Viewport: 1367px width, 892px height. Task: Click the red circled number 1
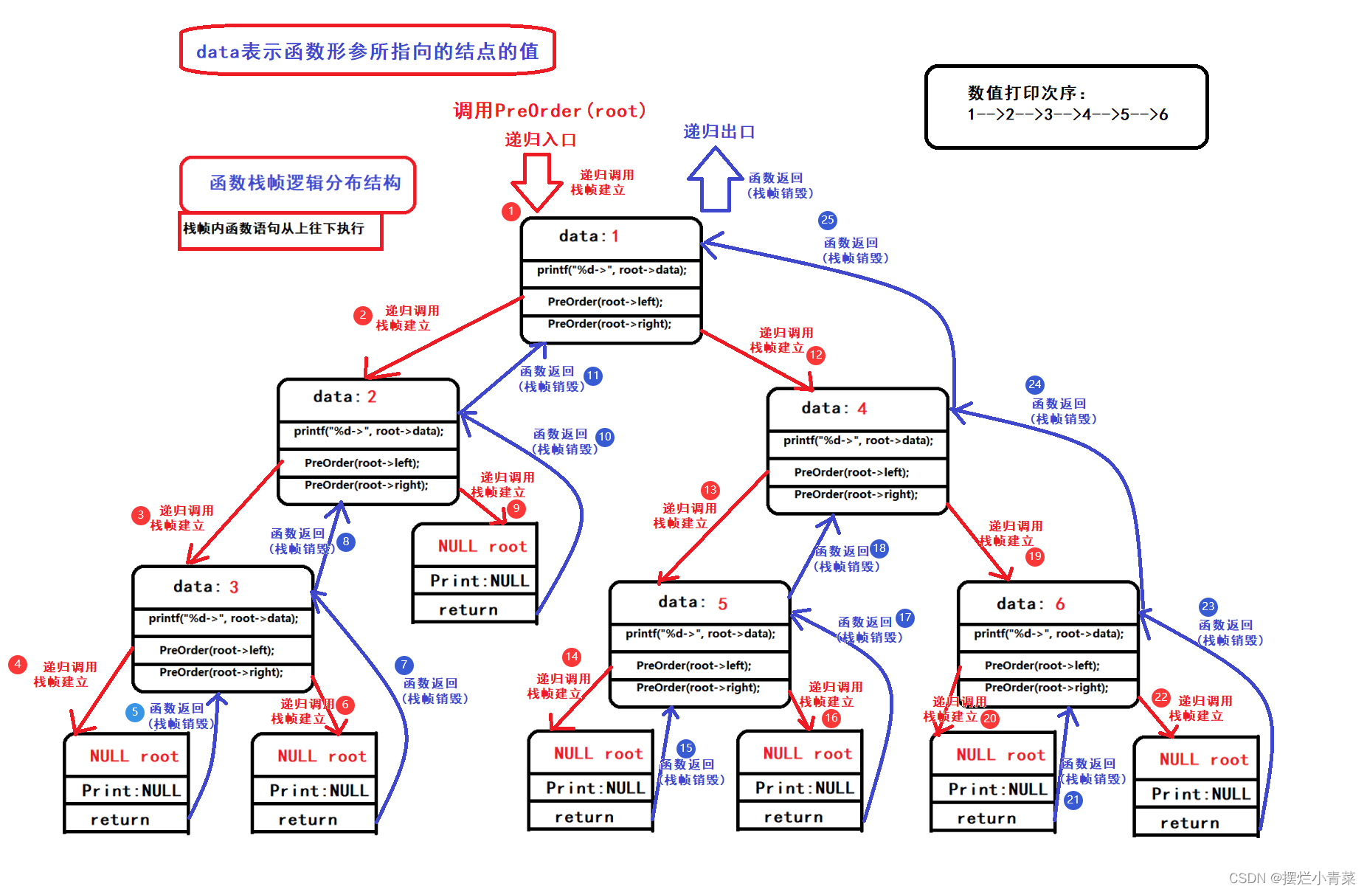point(511,212)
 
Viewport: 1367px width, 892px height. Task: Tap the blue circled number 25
point(827,220)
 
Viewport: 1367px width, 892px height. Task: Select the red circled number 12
point(815,356)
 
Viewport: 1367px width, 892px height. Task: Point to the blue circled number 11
point(593,376)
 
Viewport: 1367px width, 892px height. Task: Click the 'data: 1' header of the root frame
point(589,236)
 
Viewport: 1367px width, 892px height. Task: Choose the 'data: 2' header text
point(345,397)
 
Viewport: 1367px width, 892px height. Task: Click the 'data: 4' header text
point(834,408)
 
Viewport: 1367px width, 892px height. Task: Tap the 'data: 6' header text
point(1030,604)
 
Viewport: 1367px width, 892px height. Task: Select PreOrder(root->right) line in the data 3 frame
point(221,672)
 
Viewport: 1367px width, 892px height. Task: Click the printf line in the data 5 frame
point(700,634)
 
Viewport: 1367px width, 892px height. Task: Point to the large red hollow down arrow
point(536,181)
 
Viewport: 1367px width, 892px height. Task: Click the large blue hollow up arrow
point(714,179)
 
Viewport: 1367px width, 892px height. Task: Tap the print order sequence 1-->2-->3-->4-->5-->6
point(1067,114)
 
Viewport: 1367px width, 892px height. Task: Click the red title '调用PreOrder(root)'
point(550,111)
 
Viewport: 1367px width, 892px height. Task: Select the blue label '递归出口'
point(719,132)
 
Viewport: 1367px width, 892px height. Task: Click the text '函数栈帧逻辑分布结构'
point(305,183)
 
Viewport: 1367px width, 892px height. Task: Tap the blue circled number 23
point(1208,606)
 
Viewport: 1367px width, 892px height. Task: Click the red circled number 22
point(1160,697)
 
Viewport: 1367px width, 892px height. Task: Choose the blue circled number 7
point(404,665)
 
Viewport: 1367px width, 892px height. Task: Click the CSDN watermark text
point(1292,878)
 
